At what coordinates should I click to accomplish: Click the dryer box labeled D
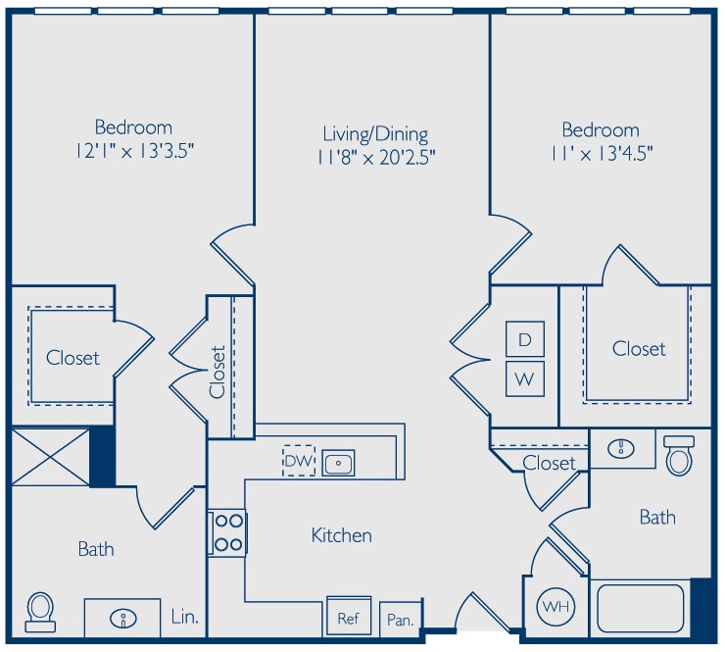525,338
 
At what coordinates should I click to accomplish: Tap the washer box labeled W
525,379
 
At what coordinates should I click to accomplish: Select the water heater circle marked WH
556,607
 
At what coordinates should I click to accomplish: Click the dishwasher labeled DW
299,461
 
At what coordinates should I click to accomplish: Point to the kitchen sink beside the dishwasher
338,463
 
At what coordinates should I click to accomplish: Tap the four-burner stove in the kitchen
227,532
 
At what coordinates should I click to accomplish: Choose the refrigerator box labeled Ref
349,617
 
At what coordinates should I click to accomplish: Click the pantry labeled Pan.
401,619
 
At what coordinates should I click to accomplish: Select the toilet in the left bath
40,612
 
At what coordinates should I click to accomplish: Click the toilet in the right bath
679,455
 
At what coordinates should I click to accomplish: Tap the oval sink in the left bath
123,619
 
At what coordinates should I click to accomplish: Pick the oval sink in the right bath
620,448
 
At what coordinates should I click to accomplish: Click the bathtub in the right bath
641,609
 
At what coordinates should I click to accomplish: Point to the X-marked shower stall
50,457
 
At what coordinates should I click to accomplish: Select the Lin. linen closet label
184,617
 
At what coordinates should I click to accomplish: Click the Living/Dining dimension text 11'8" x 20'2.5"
376,158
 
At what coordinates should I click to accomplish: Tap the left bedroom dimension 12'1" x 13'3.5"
134,151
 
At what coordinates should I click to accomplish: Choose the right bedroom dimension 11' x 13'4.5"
602,153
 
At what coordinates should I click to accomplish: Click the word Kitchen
342,535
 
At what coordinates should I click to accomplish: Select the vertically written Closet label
217,372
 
